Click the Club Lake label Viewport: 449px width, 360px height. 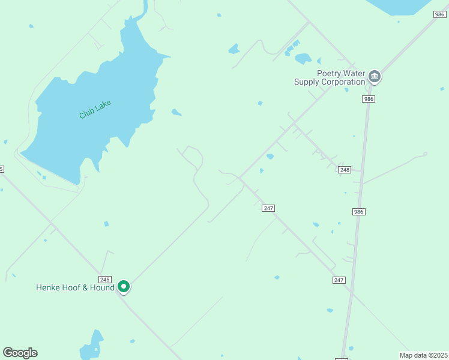pos(95,109)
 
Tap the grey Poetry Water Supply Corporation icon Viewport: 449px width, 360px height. pos(375,76)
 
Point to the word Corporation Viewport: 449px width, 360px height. pos(344,82)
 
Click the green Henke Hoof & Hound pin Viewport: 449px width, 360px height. pos(124,287)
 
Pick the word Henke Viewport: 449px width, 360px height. pos(48,288)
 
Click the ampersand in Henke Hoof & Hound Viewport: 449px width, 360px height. pos(85,288)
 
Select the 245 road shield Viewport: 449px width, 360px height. pos(105,280)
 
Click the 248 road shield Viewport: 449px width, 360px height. pos(344,170)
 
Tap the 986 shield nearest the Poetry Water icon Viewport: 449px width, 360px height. pos(368,99)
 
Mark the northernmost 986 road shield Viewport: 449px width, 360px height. pos(440,13)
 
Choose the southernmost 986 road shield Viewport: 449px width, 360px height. pos(359,212)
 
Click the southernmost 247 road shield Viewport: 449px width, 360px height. pos(339,280)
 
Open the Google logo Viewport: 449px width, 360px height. pos(20,353)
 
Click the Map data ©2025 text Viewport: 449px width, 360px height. pos(424,355)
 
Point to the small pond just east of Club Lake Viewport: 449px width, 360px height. pos(176,112)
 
